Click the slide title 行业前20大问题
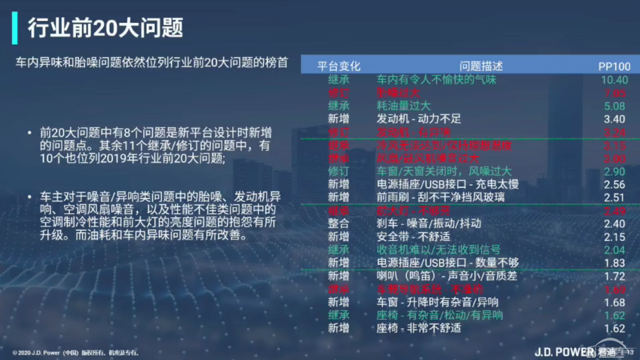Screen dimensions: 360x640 105,28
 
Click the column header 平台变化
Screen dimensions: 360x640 339,66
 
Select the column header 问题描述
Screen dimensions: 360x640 481,66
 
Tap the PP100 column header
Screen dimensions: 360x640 614,66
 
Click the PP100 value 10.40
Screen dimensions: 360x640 614,80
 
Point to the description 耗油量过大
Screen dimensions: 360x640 403,106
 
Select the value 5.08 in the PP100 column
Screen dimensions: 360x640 614,106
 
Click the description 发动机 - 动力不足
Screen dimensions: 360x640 418,119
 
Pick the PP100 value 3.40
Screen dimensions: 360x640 614,119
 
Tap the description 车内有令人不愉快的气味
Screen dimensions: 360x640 436,80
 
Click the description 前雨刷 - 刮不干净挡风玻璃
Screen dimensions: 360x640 441,197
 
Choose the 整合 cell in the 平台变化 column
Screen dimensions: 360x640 339,223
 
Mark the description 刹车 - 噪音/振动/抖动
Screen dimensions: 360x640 429,223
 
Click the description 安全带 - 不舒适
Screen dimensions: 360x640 413,236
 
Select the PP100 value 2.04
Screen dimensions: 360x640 614,250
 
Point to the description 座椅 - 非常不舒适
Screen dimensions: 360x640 418,328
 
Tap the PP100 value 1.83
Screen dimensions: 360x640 614,263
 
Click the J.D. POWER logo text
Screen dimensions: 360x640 564,352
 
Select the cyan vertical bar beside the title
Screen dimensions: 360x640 15,28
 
